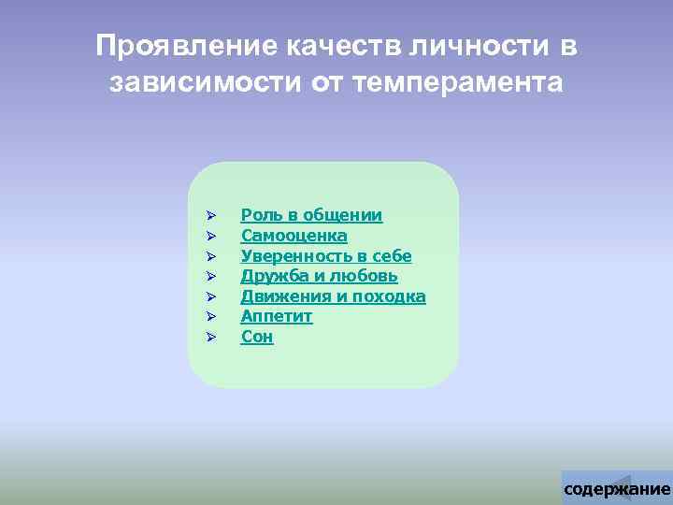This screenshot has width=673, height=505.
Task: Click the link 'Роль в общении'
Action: pyautogui.click(x=311, y=216)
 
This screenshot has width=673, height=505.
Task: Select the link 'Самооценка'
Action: pyautogui.click(x=294, y=236)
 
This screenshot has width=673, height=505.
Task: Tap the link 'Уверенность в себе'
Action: pyautogui.click(x=326, y=256)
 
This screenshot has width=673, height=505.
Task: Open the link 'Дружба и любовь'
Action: pyautogui.click(x=319, y=276)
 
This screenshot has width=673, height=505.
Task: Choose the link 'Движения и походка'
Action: pyautogui.click(x=333, y=296)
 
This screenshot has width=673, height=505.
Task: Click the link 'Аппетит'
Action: pyautogui.click(x=277, y=317)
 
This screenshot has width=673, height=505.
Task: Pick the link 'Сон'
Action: pyautogui.click(x=257, y=337)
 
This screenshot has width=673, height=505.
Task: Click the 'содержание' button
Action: pyautogui.click(x=617, y=488)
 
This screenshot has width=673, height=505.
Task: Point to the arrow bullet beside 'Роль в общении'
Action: pyautogui.click(x=211, y=216)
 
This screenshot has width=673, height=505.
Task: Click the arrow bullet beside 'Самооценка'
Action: pyautogui.click(x=211, y=236)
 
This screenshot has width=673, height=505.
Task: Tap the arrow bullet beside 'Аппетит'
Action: pyautogui.click(x=211, y=317)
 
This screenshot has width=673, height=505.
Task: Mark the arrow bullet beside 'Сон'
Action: pyautogui.click(x=211, y=337)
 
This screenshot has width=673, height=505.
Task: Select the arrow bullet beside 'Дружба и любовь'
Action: pyautogui.click(x=211, y=276)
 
